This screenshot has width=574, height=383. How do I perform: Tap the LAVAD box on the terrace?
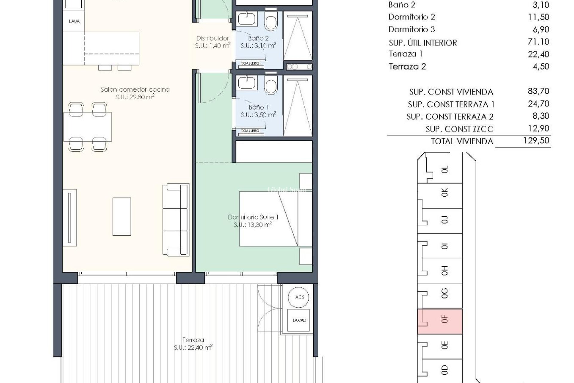click(x=299, y=320)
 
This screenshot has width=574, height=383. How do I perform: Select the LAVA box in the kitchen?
click(x=74, y=21)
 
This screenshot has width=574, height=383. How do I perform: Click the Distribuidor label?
click(x=212, y=38)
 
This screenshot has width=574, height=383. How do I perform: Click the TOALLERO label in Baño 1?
click(x=250, y=131)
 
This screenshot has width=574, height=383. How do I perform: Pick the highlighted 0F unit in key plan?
click(x=440, y=321)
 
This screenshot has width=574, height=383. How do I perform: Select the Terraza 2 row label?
click(x=407, y=66)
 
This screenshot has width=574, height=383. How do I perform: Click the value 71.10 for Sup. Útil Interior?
click(x=539, y=42)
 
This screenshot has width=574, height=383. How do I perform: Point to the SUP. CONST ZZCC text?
click(x=459, y=129)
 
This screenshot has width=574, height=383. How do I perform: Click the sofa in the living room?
click(x=176, y=220)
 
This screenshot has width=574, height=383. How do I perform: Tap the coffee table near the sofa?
click(x=121, y=216)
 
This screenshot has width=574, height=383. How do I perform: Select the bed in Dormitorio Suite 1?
click(x=268, y=219)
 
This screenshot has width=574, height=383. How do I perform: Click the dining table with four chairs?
click(x=87, y=127)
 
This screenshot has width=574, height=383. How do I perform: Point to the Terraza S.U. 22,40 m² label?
click(x=193, y=344)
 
